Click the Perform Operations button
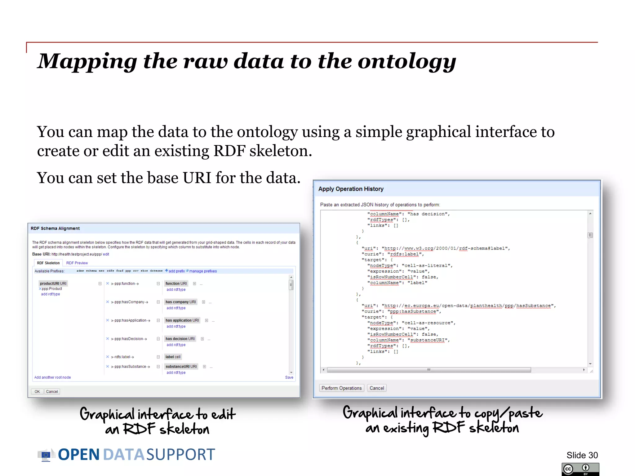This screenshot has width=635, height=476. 341,388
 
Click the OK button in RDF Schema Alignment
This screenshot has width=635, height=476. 37,391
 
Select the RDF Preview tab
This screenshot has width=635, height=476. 77,263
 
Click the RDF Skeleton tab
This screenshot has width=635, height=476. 48,263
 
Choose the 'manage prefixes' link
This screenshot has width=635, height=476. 203,271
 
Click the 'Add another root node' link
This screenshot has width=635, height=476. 52,377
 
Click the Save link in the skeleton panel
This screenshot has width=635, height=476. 289,377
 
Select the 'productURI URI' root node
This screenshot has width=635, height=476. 53,283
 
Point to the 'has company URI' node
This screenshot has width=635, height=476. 180,302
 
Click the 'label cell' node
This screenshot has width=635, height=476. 173,357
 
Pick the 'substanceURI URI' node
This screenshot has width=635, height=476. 181,366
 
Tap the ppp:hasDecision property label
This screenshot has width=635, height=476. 129,339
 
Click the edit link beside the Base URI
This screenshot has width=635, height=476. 106,254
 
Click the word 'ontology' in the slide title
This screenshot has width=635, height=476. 407,61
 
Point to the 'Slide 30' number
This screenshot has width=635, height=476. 582,455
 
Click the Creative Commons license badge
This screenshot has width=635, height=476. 580,469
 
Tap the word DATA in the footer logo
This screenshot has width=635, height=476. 124,455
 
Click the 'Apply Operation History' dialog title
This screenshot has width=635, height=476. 351,189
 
